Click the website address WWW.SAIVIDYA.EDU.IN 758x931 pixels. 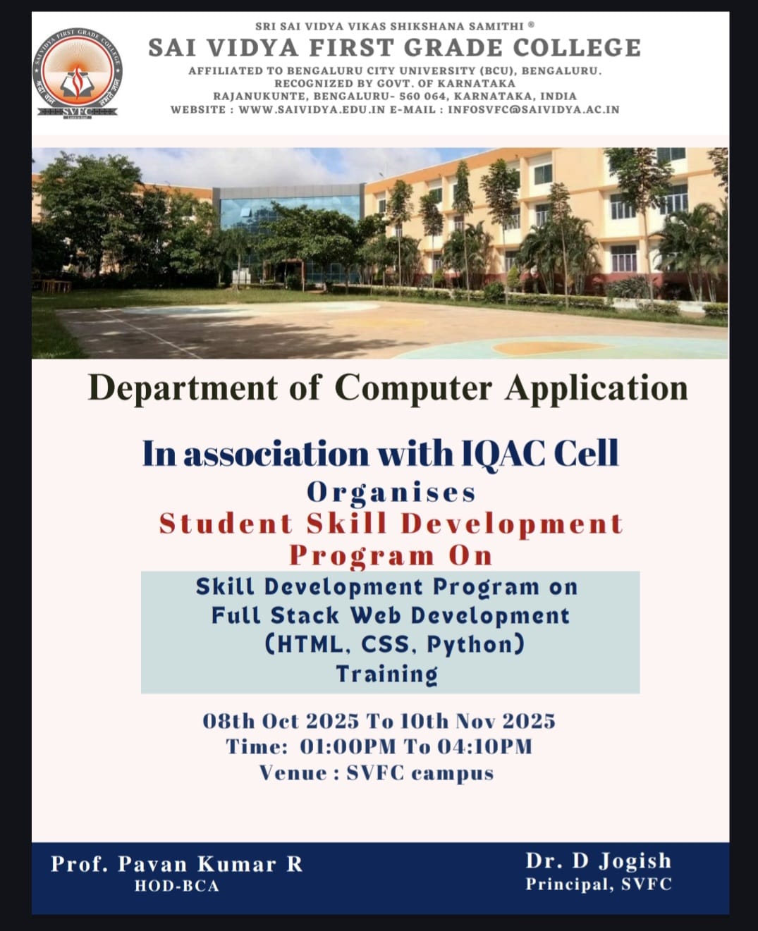(311, 110)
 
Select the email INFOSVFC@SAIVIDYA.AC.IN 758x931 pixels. (534, 110)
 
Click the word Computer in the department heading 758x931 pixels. (413, 388)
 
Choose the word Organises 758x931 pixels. (391, 493)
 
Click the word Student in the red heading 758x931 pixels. (226, 524)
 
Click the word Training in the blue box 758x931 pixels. (387, 674)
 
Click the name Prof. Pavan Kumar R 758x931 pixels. (176, 863)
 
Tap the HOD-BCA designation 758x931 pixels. (176, 886)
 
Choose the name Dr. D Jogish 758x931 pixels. (599, 861)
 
